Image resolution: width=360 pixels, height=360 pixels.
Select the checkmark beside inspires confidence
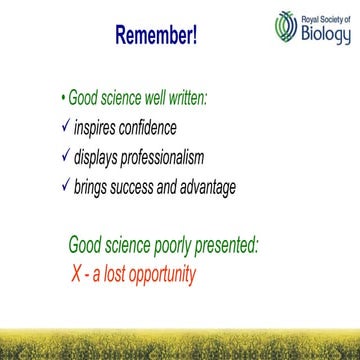63,128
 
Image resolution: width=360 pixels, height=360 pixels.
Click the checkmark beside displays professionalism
63,157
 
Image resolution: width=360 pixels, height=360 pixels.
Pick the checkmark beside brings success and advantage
63,186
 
